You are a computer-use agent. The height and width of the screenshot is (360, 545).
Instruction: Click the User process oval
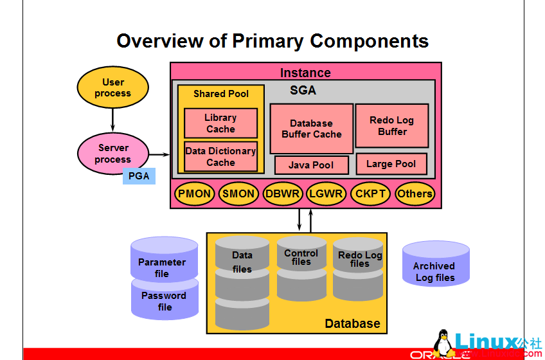(112, 87)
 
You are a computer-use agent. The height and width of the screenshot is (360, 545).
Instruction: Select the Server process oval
(113, 154)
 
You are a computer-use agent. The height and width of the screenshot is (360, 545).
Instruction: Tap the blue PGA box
(139, 175)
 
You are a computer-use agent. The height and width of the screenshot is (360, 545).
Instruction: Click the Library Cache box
(220, 123)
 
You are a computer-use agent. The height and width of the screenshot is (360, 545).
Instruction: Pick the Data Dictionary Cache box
(220, 157)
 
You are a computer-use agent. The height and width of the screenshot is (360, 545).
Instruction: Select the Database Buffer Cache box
(311, 129)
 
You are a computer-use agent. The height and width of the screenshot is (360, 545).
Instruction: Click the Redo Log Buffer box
(392, 126)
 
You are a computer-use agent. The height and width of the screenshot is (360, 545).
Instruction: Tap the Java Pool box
(311, 165)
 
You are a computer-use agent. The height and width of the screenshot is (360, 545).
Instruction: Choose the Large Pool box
(391, 164)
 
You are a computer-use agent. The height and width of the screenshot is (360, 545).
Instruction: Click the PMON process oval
(194, 194)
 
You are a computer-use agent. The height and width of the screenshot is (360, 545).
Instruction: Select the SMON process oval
(238, 194)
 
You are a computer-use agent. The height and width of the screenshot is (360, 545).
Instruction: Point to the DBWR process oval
(283, 194)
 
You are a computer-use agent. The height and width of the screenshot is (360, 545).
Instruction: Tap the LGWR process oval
(326, 194)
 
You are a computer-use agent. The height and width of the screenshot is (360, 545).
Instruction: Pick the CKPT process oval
(370, 194)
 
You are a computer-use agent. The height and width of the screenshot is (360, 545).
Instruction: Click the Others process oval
(414, 194)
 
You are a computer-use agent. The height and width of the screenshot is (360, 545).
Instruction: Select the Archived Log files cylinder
(435, 267)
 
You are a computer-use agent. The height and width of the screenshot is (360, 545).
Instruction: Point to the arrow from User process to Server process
(112, 118)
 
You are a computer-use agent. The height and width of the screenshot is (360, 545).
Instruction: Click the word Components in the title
(369, 41)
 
